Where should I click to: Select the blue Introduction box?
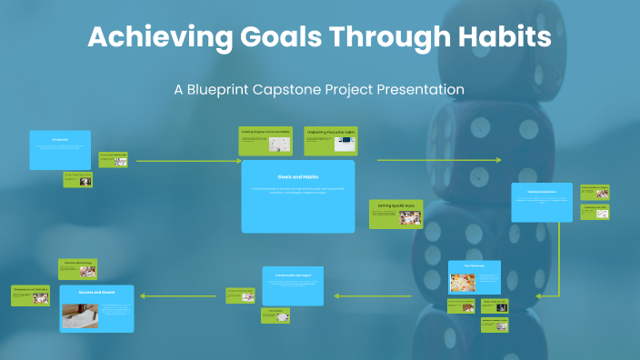(x=60, y=150)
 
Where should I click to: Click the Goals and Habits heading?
(x=297, y=176)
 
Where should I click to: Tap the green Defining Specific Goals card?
(x=396, y=214)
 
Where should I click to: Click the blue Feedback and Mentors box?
(x=542, y=202)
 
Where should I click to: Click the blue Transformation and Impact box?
(x=293, y=285)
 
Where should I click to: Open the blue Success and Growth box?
(x=96, y=308)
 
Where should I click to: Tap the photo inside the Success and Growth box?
(x=79, y=315)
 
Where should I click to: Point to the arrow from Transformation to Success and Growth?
(x=182, y=295)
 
